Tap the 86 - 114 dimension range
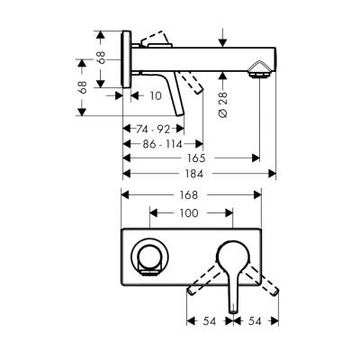coord(160,142)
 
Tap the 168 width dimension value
coord(191,194)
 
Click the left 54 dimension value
coord(209,320)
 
